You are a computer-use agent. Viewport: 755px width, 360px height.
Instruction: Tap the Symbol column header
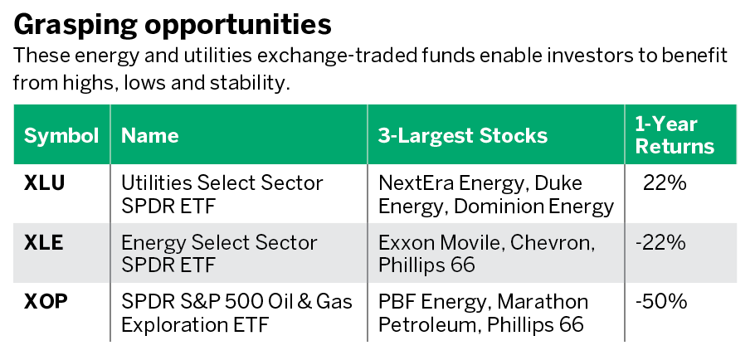(x=61, y=135)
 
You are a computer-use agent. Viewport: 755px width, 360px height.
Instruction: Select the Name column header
(x=149, y=135)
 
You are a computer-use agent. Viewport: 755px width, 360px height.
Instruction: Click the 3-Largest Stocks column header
(x=463, y=135)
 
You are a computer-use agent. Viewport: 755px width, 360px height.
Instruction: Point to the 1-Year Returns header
(x=675, y=135)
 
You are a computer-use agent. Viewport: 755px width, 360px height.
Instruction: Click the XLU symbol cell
(x=44, y=183)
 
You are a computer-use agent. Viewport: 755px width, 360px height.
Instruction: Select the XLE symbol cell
(x=43, y=242)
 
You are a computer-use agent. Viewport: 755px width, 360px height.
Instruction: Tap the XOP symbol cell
(x=46, y=301)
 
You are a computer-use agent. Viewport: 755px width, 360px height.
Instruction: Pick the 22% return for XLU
(x=665, y=183)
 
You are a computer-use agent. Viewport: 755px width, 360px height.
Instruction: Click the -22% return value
(x=660, y=242)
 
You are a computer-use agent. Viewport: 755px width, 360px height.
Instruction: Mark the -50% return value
(x=661, y=301)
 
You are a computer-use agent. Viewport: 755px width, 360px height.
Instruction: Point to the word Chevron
(x=553, y=242)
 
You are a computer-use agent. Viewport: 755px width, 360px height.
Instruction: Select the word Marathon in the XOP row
(x=543, y=301)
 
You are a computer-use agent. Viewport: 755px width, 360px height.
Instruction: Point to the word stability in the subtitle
(x=250, y=83)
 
